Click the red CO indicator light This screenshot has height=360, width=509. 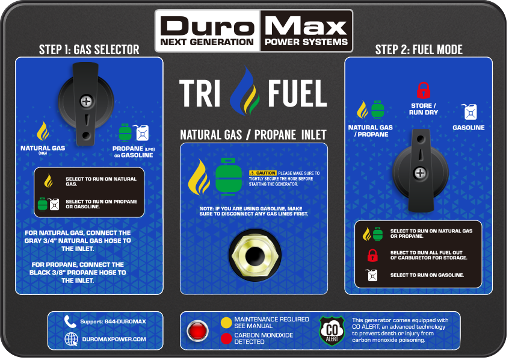pos(197,331)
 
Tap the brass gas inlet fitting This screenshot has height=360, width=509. pos(255,256)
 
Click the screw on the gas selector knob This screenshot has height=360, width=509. pos(87,101)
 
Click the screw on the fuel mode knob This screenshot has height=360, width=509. pos(420,173)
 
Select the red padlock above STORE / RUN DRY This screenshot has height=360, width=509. pos(424,90)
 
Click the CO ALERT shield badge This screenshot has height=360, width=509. pos(332,331)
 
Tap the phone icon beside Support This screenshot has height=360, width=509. pos(70,321)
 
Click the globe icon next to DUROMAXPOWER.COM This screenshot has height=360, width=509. pos(71,339)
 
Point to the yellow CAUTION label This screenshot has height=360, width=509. pos(262,173)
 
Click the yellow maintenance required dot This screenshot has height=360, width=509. pos(226,323)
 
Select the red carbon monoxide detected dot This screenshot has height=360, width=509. pos(226,338)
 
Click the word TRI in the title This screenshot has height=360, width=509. pos(200,93)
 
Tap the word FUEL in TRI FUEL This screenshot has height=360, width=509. pos(297,93)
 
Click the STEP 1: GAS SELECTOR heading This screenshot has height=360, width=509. pos(89,50)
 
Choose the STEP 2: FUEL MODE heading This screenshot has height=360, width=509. pos(419,50)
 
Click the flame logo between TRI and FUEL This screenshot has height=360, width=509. pos(245,91)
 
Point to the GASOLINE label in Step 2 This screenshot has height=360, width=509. pos(469,128)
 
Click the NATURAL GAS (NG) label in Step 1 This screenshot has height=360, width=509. pos(43,149)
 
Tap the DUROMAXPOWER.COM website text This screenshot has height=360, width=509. pos(114,339)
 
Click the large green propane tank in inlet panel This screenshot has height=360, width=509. pos(229,176)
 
